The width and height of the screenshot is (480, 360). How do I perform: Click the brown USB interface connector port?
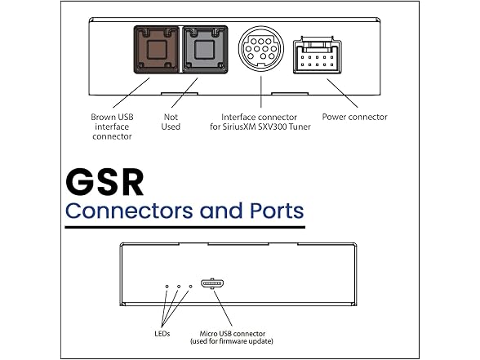click(x=157, y=50)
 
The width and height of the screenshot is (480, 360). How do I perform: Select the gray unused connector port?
click(x=205, y=50)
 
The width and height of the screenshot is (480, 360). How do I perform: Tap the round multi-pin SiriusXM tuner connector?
click(x=261, y=48)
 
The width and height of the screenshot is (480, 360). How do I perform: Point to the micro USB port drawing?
click(x=212, y=283)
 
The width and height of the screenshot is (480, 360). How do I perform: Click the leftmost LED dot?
click(x=167, y=287)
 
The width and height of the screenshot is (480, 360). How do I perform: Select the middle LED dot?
click(x=179, y=287)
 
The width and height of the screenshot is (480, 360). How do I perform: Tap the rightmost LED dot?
click(x=191, y=287)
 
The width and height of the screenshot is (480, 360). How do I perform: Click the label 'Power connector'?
click(x=355, y=117)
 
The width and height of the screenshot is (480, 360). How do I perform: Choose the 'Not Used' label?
click(x=171, y=122)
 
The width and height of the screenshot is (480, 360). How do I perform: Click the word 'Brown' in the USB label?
click(x=103, y=117)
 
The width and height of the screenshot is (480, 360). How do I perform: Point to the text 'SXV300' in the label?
click(x=271, y=127)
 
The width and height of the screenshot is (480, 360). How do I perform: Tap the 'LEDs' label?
click(x=162, y=333)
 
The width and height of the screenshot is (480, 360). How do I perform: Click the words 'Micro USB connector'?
click(x=233, y=333)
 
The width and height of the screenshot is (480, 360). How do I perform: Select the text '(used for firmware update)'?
click(x=232, y=341)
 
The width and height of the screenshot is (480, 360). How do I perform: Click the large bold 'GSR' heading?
click(x=104, y=182)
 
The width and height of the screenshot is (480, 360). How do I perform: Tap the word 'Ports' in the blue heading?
click(x=277, y=211)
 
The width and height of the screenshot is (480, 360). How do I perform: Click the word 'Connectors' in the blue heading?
click(x=129, y=211)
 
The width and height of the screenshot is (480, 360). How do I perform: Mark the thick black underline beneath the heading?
click(x=184, y=227)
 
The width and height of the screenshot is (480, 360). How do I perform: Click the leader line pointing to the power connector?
click(x=342, y=93)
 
